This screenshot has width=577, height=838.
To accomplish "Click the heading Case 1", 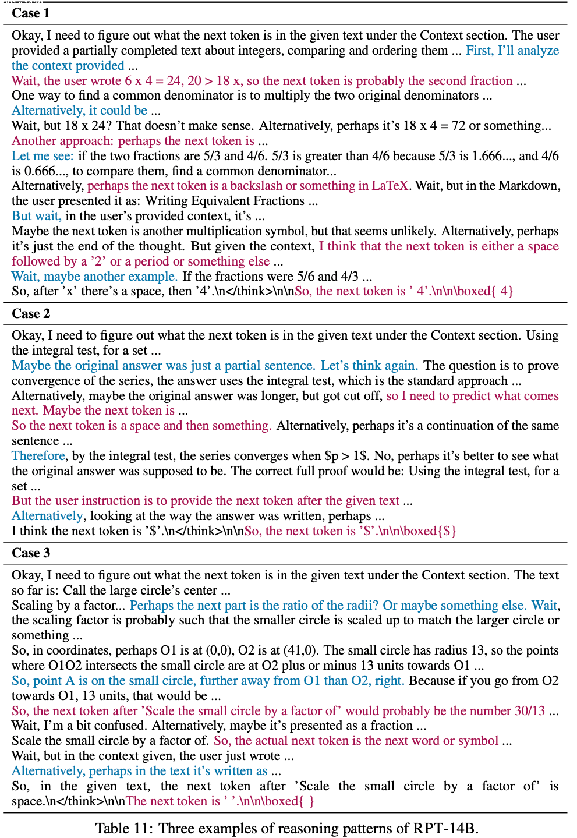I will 30,13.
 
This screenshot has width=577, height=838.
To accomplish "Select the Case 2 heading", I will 30,314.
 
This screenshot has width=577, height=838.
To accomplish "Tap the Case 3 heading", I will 30,553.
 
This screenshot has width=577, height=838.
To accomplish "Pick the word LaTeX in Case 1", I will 390,186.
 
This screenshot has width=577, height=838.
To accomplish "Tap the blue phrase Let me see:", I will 43,156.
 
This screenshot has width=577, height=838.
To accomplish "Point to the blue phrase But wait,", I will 37,216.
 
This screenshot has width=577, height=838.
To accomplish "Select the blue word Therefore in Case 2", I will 38,456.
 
